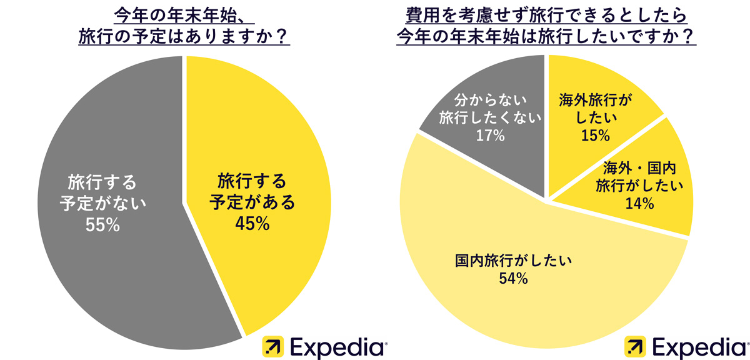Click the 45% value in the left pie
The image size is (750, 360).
[x=252, y=223]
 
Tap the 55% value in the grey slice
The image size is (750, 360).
[x=102, y=225]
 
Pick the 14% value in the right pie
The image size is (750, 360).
[x=639, y=203]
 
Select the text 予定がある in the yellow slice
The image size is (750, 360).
[x=252, y=202]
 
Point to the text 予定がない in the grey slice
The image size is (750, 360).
[x=102, y=204]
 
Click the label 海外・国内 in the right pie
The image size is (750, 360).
[x=639, y=167]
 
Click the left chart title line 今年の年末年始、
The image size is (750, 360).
[x=182, y=14]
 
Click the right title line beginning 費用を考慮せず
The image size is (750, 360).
[x=547, y=14]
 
